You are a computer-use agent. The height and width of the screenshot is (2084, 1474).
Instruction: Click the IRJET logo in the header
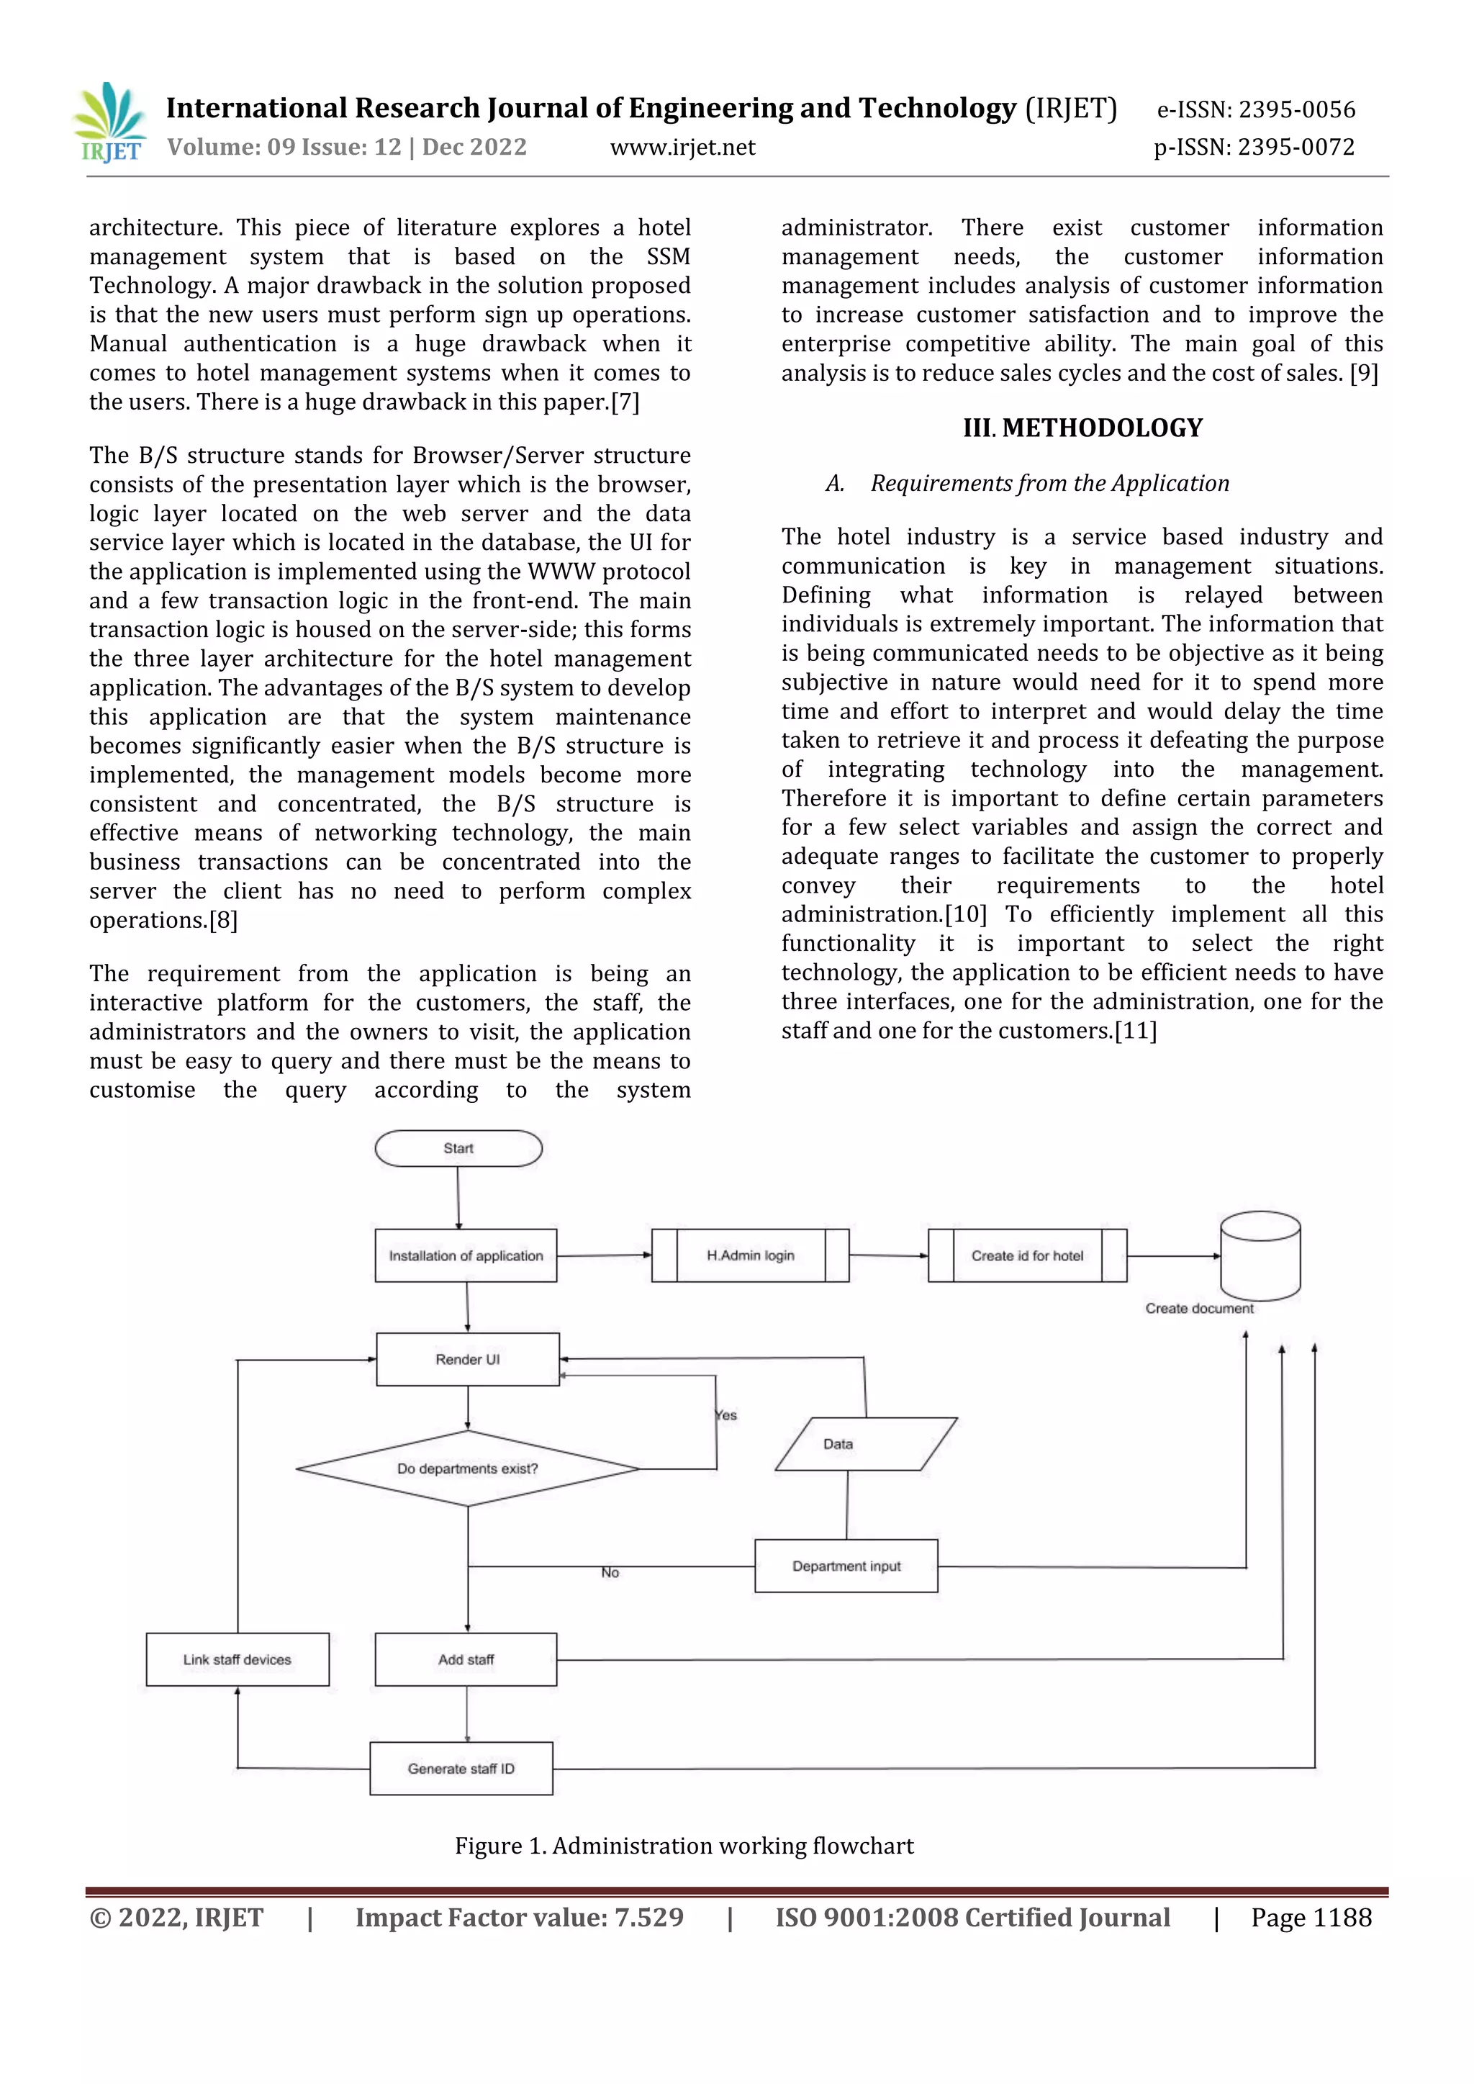pyautogui.click(x=109, y=123)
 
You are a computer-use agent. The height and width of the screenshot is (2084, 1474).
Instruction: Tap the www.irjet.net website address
pyautogui.click(x=682, y=147)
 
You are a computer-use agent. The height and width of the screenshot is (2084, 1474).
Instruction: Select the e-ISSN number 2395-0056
pyautogui.click(x=1256, y=110)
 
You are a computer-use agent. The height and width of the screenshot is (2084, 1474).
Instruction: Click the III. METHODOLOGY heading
pyautogui.click(x=1082, y=428)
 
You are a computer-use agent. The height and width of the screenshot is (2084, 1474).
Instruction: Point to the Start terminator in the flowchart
pyautogui.click(x=458, y=1148)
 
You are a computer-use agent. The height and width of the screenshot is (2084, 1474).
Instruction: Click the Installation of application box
pyautogui.click(x=466, y=1255)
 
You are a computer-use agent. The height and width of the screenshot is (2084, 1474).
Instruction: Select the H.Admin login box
pyautogui.click(x=751, y=1255)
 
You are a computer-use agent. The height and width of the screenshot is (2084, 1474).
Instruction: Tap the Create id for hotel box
pyautogui.click(x=1028, y=1255)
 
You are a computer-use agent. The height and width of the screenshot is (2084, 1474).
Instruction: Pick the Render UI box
pyautogui.click(x=467, y=1359)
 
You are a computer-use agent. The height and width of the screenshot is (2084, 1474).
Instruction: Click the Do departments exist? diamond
pyautogui.click(x=467, y=1469)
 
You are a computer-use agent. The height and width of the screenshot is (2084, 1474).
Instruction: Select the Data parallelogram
pyautogui.click(x=865, y=1444)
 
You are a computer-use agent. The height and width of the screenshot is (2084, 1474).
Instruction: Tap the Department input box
pyautogui.click(x=846, y=1566)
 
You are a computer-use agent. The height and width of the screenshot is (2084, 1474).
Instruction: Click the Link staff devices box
pyautogui.click(x=237, y=1659)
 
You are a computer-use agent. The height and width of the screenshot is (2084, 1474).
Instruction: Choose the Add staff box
pyautogui.click(x=466, y=1659)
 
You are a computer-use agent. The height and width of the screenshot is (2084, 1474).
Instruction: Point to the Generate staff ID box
pyautogui.click(x=461, y=1768)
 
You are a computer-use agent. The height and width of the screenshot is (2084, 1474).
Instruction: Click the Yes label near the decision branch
pyautogui.click(x=726, y=1415)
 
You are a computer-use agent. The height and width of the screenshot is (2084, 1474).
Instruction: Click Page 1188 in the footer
pyautogui.click(x=1311, y=1917)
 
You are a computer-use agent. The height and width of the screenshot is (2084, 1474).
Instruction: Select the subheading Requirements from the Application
pyautogui.click(x=1049, y=483)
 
